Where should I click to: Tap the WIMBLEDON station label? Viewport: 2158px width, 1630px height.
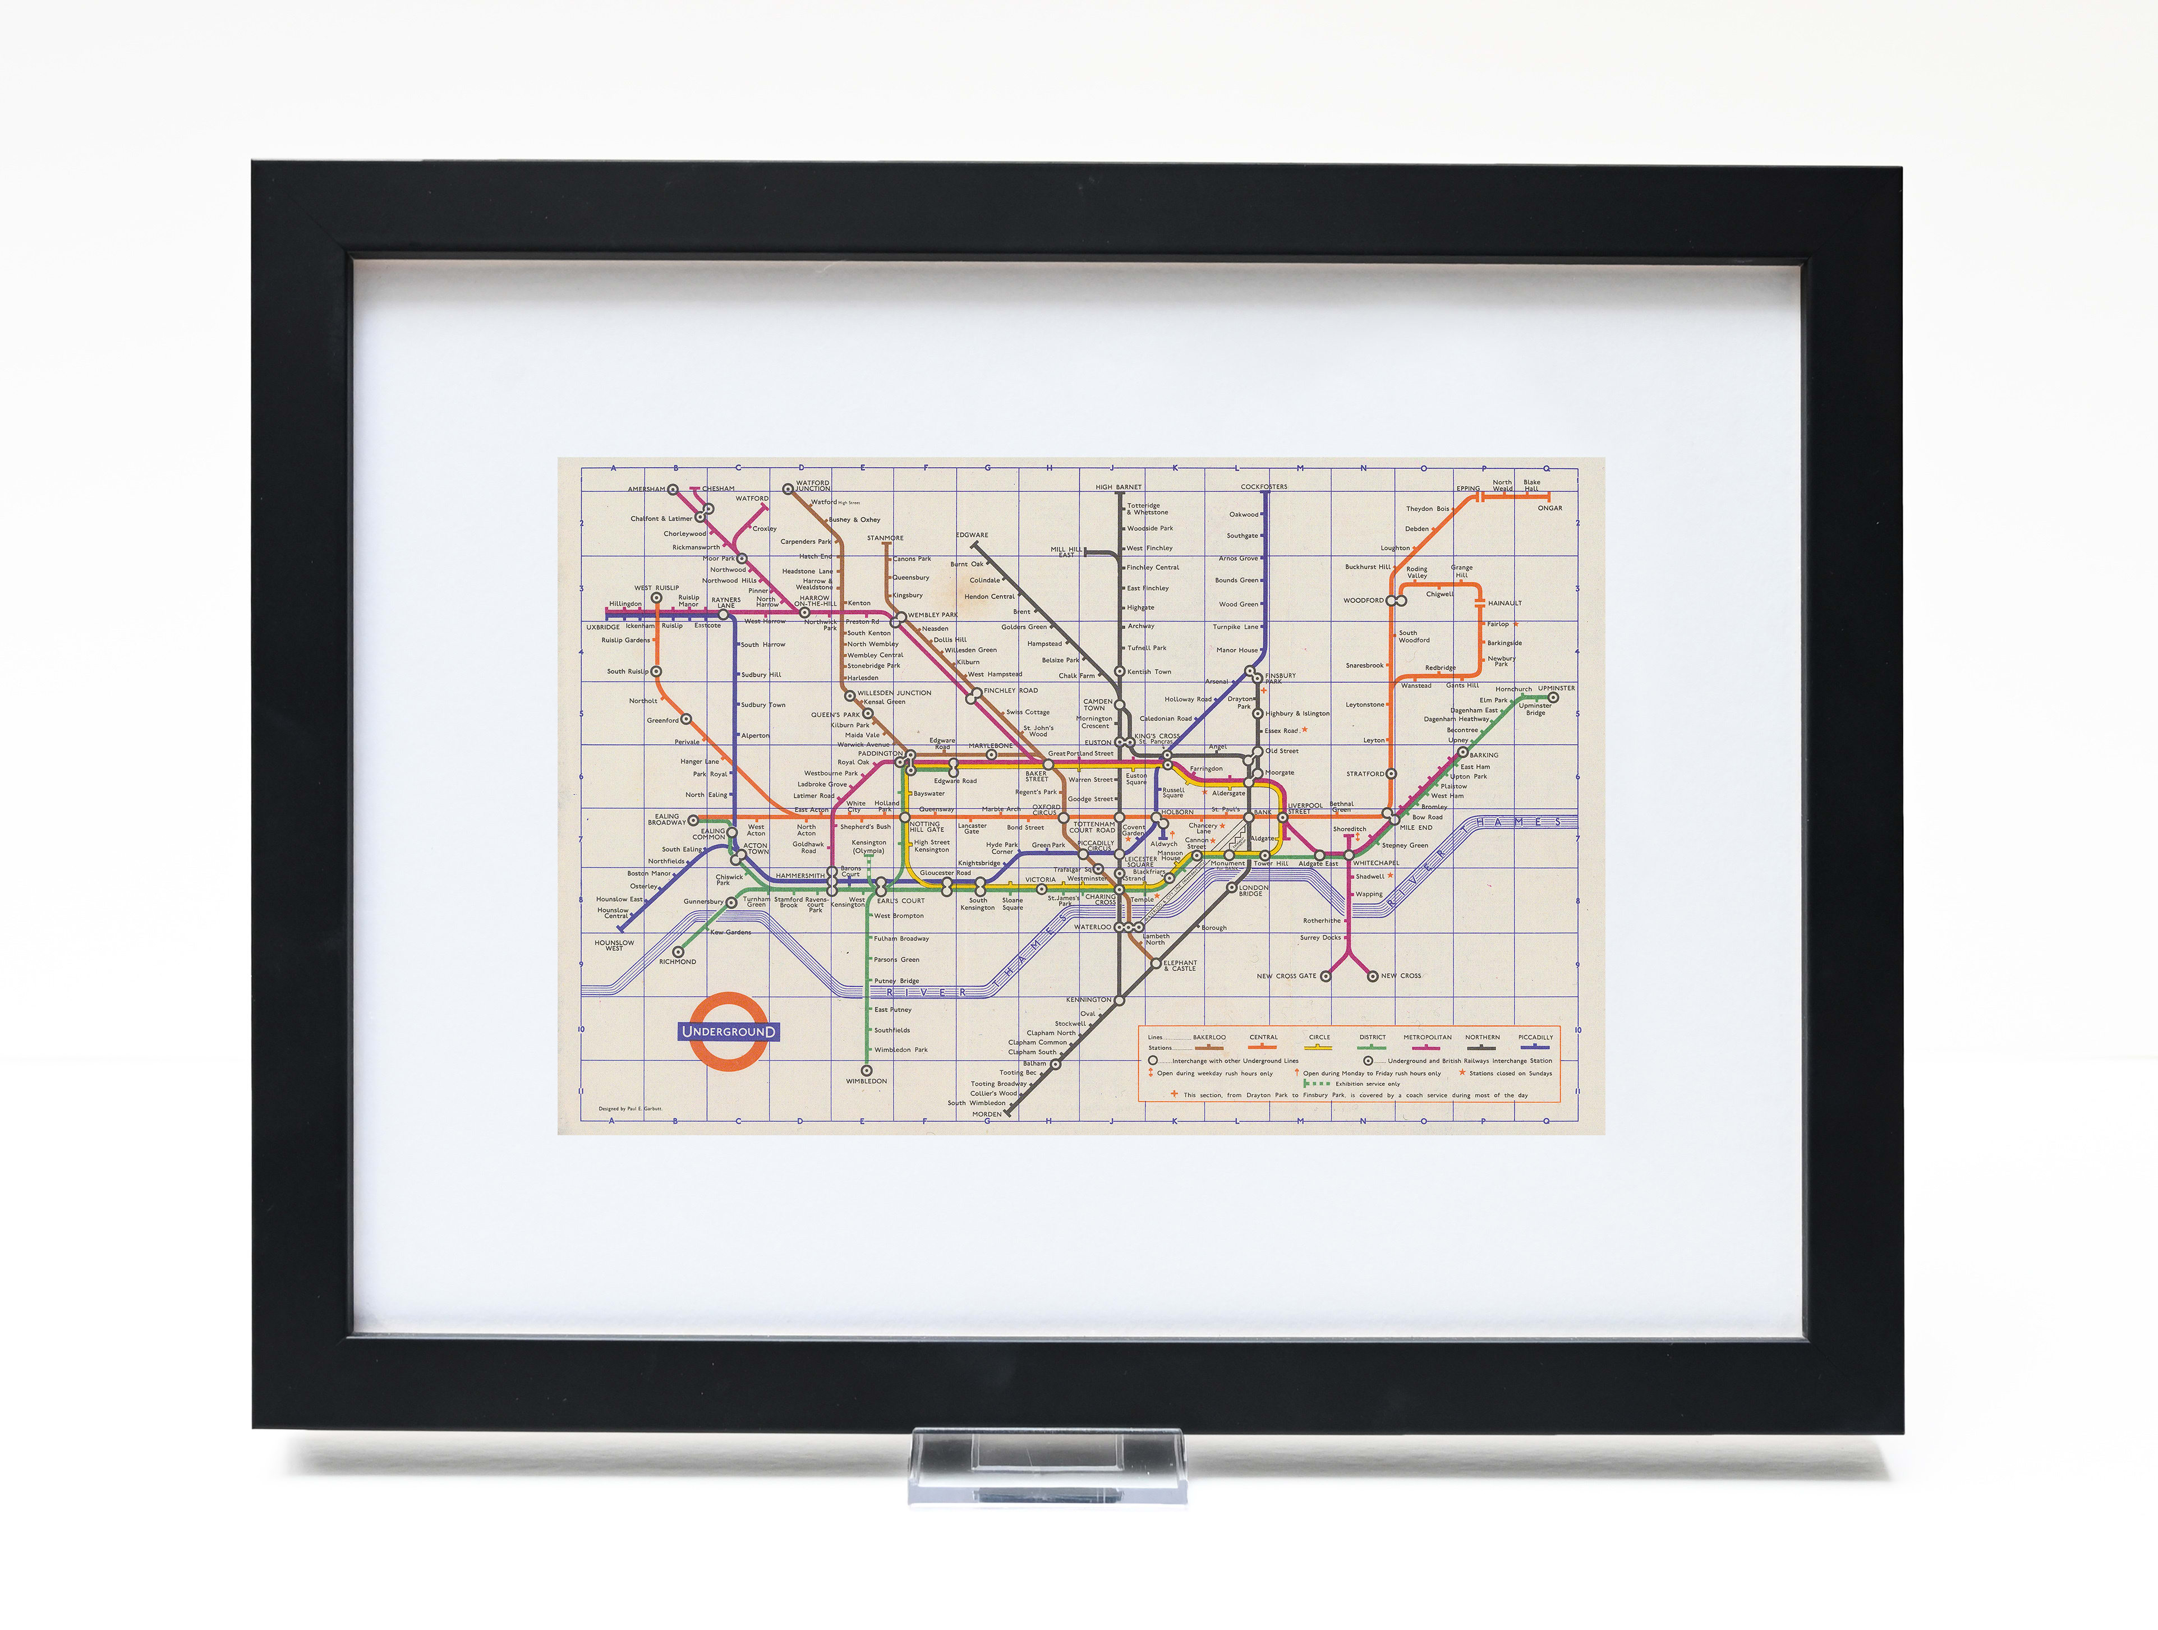pyautogui.click(x=866, y=1081)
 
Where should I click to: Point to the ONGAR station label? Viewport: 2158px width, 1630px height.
pyautogui.click(x=1550, y=507)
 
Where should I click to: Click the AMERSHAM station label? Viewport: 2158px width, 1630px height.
pyautogui.click(x=646, y=489)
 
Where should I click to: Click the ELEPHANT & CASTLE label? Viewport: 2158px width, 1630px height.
pyautogui.click(x=1180, y=966)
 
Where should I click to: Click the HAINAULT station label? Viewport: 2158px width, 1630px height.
pyautogui.click(x=1504, y=603)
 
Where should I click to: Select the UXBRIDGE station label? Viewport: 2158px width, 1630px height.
pyautogui.click(x=603, y=627)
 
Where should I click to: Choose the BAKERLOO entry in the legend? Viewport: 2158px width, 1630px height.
pyautogui.click(x=1210, y=1038)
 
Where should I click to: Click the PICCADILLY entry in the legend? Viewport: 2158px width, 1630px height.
pyautogui.click(x=1535, y=1038)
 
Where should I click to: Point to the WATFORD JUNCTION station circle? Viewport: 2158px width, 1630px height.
pyautogui.click(x=788, y=489)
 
